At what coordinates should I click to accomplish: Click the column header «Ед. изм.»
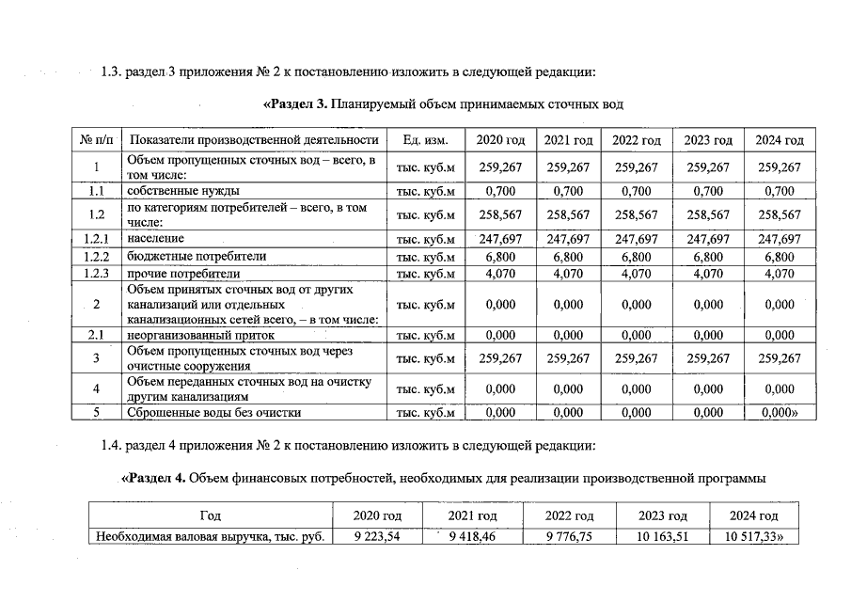point(425,140)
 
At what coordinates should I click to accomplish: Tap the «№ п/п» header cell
point(97,140)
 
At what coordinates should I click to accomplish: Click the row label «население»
point(155,240)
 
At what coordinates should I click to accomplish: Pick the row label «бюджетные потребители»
point(197,256)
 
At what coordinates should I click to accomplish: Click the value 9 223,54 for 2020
point(378,537)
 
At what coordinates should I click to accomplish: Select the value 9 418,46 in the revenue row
point(471,537)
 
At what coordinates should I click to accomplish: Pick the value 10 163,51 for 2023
point(663,537)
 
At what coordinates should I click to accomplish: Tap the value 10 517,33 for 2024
point(755,537)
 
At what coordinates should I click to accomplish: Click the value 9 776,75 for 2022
point(569,537)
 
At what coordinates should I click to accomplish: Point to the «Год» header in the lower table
point(212,516)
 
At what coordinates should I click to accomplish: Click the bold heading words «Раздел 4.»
point(155,478)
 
